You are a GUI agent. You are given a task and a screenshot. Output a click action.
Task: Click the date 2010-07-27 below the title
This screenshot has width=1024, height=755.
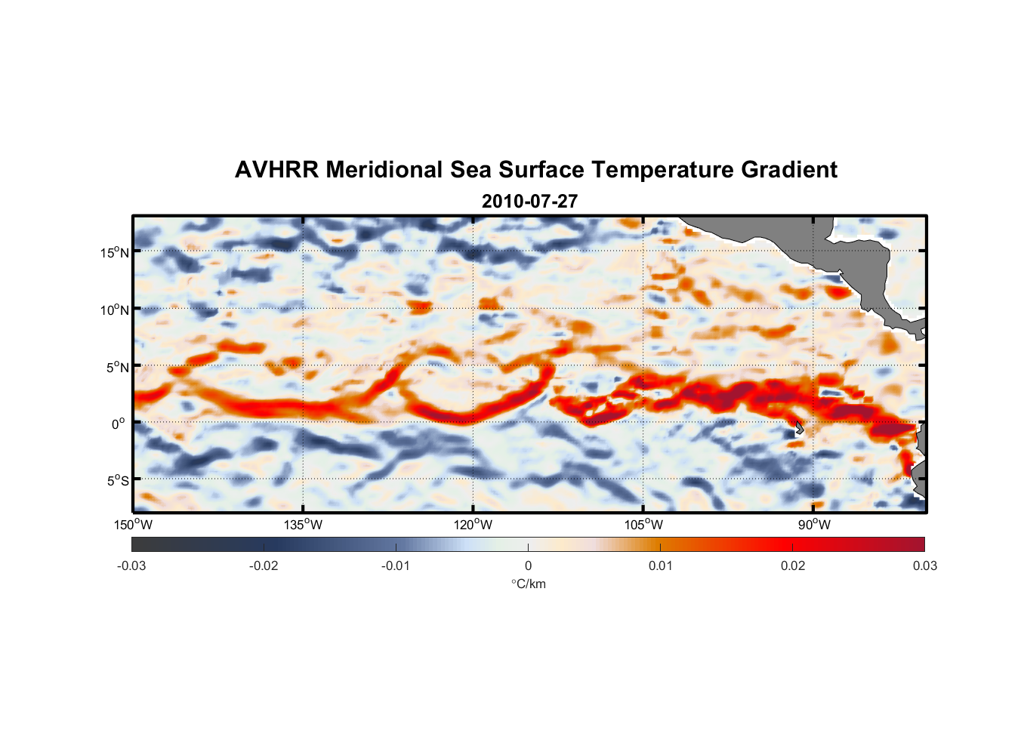(x=529, y=202)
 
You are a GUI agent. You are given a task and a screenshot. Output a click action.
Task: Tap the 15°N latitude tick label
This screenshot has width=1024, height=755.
(x=115, y=252)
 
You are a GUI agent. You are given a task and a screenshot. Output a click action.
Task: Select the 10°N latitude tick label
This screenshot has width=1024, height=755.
(x=115, y=310)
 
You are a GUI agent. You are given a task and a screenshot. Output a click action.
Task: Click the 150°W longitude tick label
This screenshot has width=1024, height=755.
(x=134, y=525)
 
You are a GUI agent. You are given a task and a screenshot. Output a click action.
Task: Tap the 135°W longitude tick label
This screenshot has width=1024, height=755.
(x=304, y=525)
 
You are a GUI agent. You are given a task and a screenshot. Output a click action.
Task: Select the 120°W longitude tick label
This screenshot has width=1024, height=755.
(x=473, y=525)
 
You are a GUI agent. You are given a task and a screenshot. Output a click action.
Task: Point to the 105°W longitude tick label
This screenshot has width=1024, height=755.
(x=643, y=525)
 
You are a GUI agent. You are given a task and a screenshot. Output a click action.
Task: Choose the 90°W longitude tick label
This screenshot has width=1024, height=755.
(x=814, y=525)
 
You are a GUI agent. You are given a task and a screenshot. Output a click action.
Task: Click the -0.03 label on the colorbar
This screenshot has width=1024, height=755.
(x=131, y=566)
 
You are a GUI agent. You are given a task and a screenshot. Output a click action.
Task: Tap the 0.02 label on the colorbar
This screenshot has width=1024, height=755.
(x=793, y=566)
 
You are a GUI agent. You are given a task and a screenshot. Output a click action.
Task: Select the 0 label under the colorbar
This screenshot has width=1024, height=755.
(x=528, y=566)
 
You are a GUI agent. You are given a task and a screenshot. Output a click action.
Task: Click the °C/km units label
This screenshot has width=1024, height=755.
(x=529, y=584)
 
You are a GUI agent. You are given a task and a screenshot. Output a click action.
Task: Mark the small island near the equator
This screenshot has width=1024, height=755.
(x=799, y=428)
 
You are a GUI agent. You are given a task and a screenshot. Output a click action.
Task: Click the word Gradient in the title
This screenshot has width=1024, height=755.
(x=789, y=170)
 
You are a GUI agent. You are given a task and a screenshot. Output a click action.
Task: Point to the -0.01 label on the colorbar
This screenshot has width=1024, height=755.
(x=396, y=566)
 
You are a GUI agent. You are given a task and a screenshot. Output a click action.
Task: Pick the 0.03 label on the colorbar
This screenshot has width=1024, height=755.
(x=924, y=566)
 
